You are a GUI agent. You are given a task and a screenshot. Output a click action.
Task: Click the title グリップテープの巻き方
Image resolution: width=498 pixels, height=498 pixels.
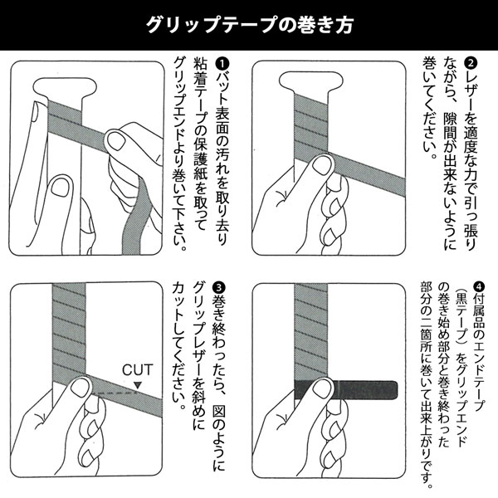pyautogui.click(x=249, y=24)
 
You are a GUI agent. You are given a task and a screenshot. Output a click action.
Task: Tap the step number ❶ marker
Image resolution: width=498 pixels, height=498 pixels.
pyautogui.click(x=222, y=63)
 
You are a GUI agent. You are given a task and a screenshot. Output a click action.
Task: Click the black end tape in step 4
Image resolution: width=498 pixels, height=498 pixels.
pyautogui.click(x=349, y=389)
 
